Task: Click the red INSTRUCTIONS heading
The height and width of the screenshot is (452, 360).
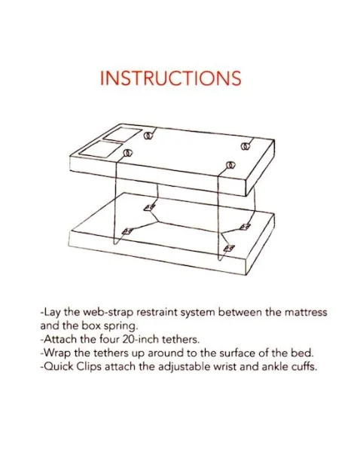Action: point(170,78)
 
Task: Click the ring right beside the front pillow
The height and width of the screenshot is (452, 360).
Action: point(127,154)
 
